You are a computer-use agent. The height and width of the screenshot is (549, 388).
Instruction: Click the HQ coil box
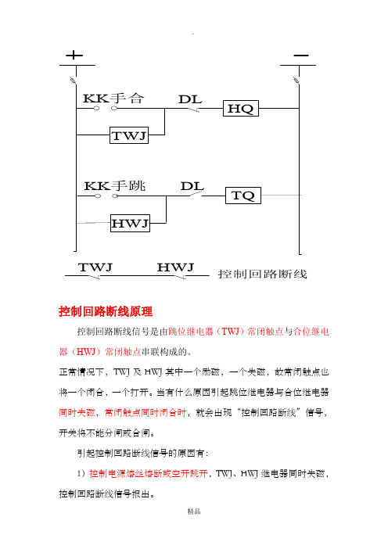241,108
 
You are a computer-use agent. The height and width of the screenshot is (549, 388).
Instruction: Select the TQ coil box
243,196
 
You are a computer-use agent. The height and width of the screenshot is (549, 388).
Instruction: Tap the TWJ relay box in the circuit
129,135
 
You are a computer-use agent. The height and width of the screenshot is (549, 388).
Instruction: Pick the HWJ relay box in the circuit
130,223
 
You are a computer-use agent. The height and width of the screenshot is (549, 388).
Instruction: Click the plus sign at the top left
74,55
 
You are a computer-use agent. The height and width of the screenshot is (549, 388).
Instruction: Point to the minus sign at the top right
301,56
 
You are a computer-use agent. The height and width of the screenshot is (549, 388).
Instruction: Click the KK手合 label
113,99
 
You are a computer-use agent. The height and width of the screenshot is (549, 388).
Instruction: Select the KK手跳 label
115,185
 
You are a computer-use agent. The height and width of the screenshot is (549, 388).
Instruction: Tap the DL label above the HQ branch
190,99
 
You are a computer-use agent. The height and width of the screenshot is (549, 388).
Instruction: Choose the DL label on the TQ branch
192,186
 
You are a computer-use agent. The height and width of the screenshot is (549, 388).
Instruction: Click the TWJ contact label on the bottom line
95,267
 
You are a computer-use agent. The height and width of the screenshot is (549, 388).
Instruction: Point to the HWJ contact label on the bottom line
175,267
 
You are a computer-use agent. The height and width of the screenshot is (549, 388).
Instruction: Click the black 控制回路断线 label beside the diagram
262,274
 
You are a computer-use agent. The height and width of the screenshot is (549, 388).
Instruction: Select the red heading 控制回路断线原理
106,311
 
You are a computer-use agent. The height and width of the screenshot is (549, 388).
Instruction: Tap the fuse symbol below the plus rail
74,81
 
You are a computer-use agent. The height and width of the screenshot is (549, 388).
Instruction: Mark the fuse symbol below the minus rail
296,81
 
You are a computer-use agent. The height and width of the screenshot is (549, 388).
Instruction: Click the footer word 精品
194,511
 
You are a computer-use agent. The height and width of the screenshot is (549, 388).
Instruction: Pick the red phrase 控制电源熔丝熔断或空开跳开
149,474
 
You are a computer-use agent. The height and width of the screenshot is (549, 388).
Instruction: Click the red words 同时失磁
77,412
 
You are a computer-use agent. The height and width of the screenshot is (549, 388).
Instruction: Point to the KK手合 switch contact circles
106,109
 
